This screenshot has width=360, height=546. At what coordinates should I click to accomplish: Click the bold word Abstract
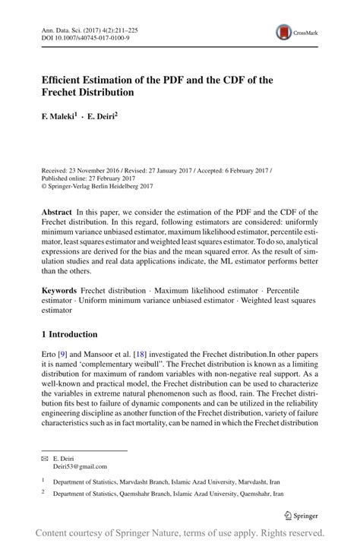[x=58, y=212]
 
